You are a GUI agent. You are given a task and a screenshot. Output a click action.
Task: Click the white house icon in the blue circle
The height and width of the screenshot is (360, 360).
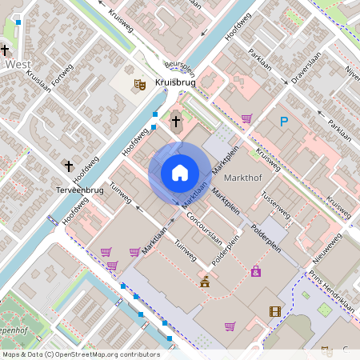[x=179, y=173]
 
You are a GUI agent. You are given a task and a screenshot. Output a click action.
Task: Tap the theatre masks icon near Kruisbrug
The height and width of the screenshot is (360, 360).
[x=139, y=82]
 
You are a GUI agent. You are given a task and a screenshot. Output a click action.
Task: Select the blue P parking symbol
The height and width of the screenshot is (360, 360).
[x=283, y=122]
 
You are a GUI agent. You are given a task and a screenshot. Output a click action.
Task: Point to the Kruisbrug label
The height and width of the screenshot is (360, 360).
[x=175, y=82]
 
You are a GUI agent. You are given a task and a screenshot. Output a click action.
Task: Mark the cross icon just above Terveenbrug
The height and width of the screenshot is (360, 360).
[x=69, y=166]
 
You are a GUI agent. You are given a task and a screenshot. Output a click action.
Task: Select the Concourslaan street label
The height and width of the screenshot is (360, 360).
[x=204, y=221]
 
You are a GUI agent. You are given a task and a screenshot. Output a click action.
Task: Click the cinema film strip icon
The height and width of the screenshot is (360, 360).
[x=275, y=312]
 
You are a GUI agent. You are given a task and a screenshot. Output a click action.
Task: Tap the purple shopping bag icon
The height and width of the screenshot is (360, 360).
[x=255, y=271]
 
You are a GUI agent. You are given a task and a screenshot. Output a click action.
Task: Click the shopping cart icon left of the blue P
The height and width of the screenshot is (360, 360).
[x=246, y=118]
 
